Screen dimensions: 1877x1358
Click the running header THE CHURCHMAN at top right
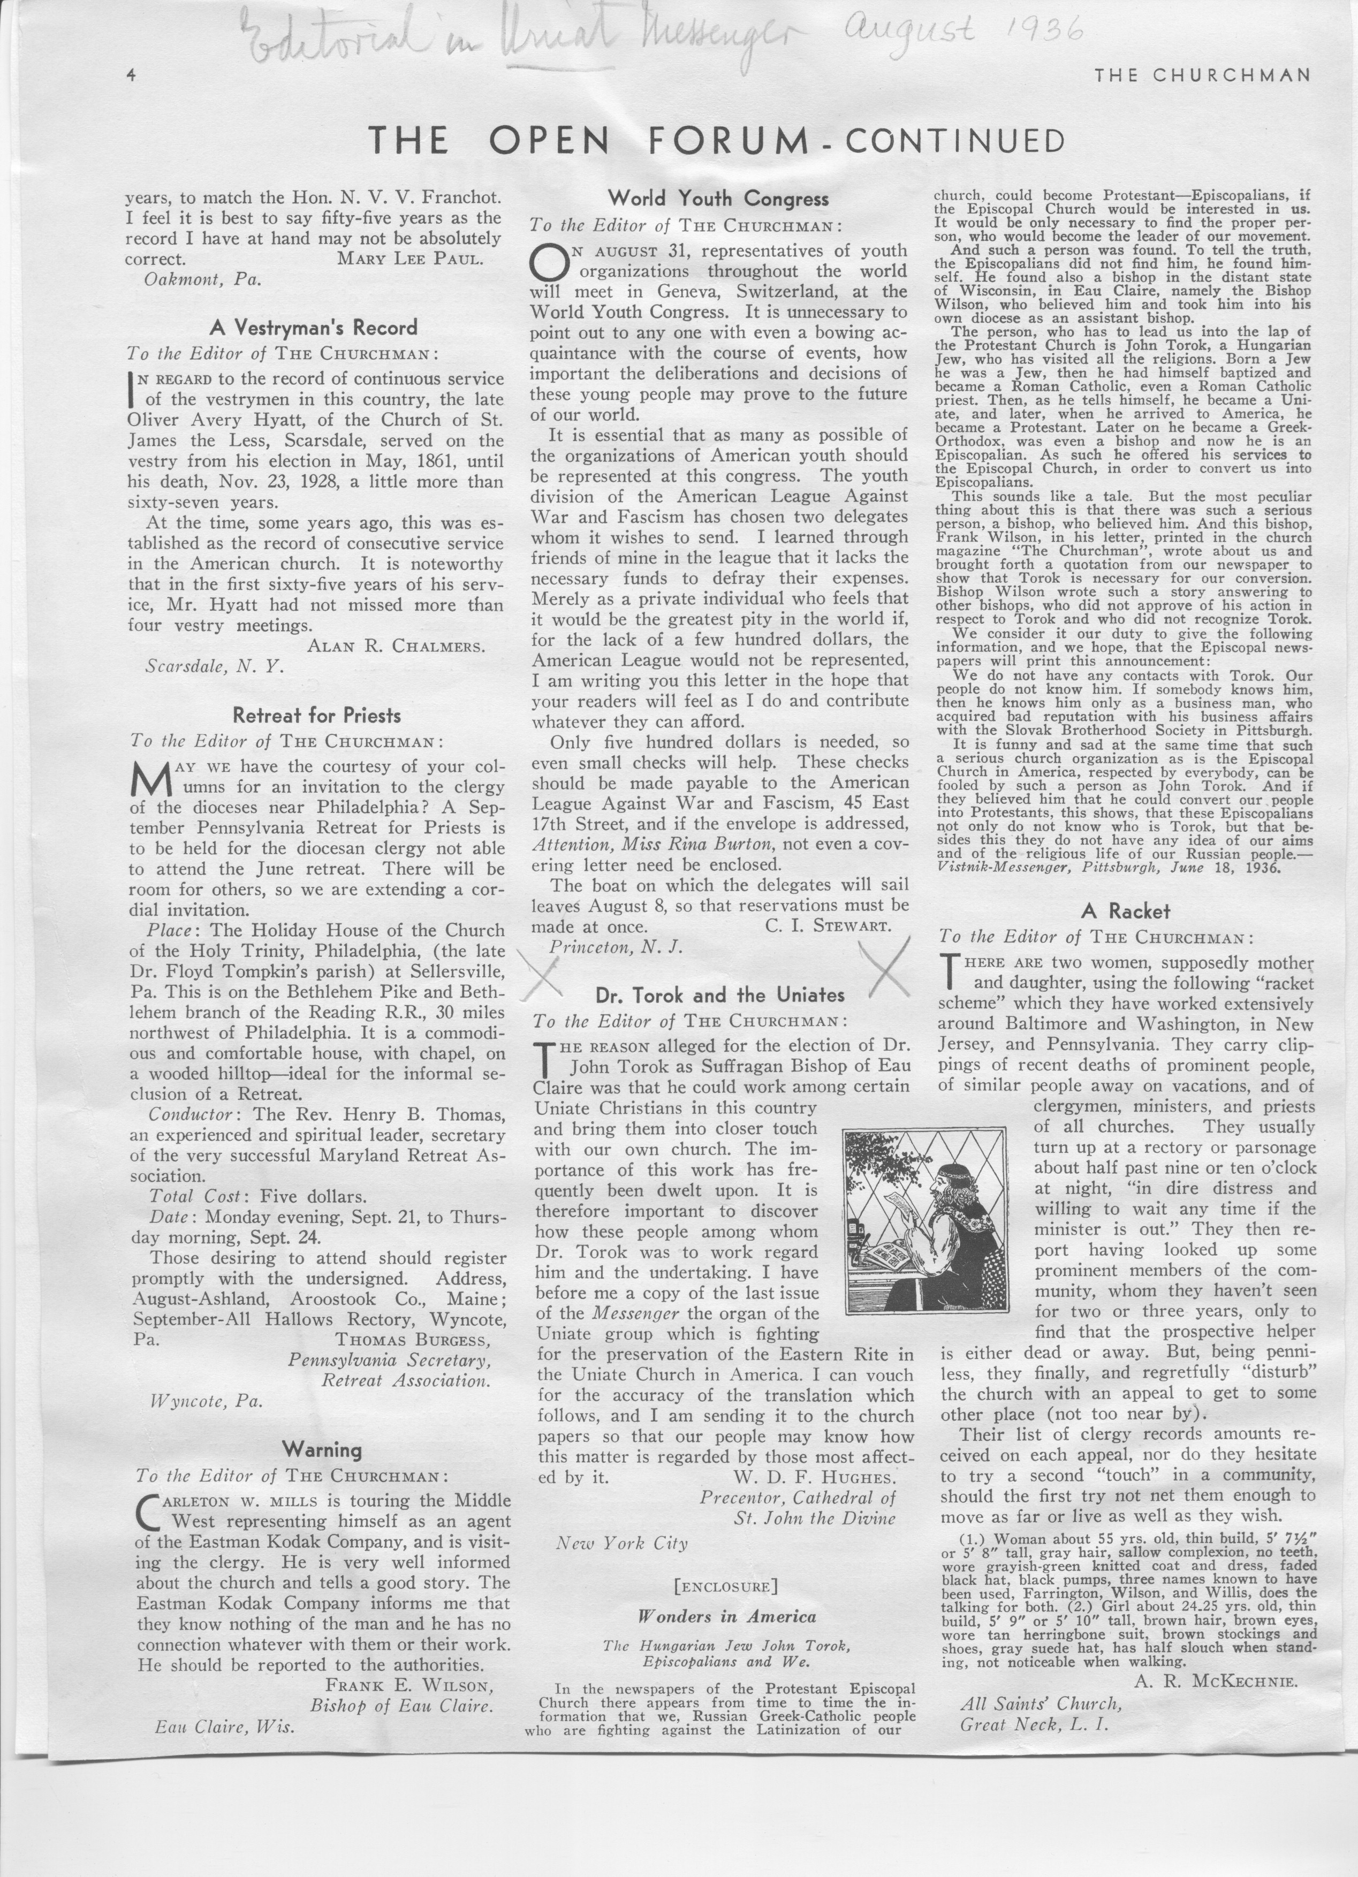click(x=1202, y=75)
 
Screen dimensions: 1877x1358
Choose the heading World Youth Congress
click(x=717, y=199)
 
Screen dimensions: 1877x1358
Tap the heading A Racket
click(x=1126, y=911)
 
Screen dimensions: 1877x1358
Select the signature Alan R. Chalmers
click(x=396, y=647)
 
